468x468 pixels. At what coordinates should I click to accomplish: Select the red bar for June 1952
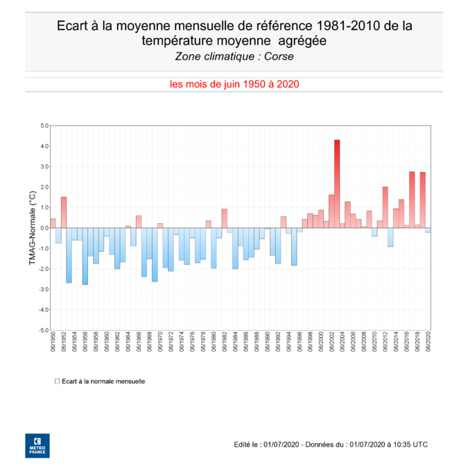64,212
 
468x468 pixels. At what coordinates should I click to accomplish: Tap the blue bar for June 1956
85,256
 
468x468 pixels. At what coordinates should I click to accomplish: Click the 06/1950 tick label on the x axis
53,343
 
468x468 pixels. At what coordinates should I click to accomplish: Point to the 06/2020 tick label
428,343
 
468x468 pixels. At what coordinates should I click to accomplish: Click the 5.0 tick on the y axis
44,126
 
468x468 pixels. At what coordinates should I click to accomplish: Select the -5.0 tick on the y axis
43,330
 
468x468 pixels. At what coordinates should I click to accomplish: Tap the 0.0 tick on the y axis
44,228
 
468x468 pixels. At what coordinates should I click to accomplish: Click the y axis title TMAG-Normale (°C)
31,228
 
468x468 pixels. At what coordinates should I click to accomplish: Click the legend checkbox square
57,381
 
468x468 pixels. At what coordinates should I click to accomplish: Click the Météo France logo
37,446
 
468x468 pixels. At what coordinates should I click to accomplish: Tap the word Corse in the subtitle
288,56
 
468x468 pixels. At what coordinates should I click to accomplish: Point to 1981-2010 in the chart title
347,26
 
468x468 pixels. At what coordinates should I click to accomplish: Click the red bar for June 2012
385,207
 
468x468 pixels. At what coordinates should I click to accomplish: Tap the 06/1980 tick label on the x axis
213,343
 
